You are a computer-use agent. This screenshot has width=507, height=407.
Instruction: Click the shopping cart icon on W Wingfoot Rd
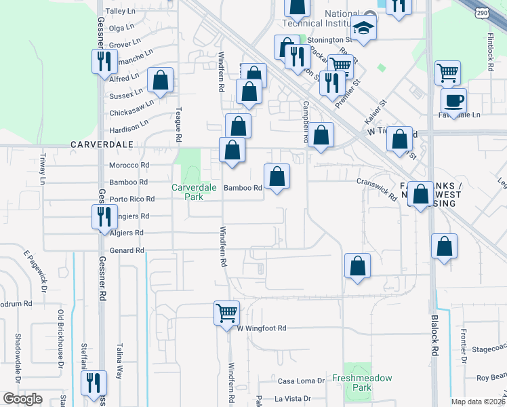[x=226, y=313]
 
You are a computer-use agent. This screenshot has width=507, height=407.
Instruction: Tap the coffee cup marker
[x=453, y=100]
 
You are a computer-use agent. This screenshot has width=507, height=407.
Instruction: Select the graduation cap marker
[x=363, y=28]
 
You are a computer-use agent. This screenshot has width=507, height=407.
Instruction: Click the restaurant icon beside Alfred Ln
[x=104, y=61]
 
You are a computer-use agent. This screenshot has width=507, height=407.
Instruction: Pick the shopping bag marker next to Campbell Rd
[x=322, y=134]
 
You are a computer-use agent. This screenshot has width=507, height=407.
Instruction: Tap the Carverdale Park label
[x=187, y=192]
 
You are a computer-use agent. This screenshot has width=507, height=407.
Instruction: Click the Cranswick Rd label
[x=377, y=189]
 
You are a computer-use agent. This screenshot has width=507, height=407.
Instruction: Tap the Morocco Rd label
[x=129, y=165]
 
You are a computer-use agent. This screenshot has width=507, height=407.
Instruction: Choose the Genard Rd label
[x=127, y=250]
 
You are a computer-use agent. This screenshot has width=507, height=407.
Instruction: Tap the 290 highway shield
[x=482, y=13]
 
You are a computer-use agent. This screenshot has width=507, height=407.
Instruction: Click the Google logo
[x=22, y=399]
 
